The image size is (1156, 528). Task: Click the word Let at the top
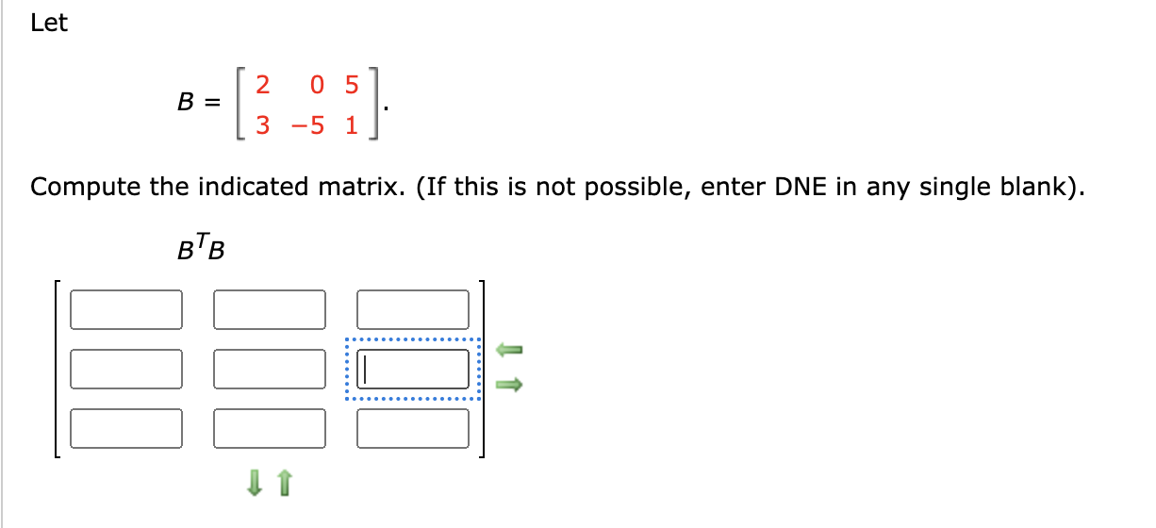(x=49, y=25)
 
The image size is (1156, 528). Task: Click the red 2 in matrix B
(x=263, y=86)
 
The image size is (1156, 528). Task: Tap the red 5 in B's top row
(x=352, y=86)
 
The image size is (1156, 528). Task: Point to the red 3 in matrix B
(x=263, y=125)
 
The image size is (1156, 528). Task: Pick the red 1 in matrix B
(x=352, y=125)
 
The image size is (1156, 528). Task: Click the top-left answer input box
(x=125, y=309)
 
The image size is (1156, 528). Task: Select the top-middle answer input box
(x=270, y=309)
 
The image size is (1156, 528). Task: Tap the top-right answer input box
(x=413, y=309)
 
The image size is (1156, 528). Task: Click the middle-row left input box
(x=125, y=369)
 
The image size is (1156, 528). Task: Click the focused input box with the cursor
(x=413, y=369)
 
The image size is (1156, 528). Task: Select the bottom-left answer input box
(x=125, y=428)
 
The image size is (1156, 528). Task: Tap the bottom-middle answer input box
(x=270, y=428)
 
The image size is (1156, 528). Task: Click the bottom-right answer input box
(x=413, y=428)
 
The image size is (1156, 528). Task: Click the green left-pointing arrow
(x=509, y=350)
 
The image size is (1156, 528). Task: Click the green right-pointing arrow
(x=509, y=384)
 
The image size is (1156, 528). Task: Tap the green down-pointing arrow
(x=253, y=484)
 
